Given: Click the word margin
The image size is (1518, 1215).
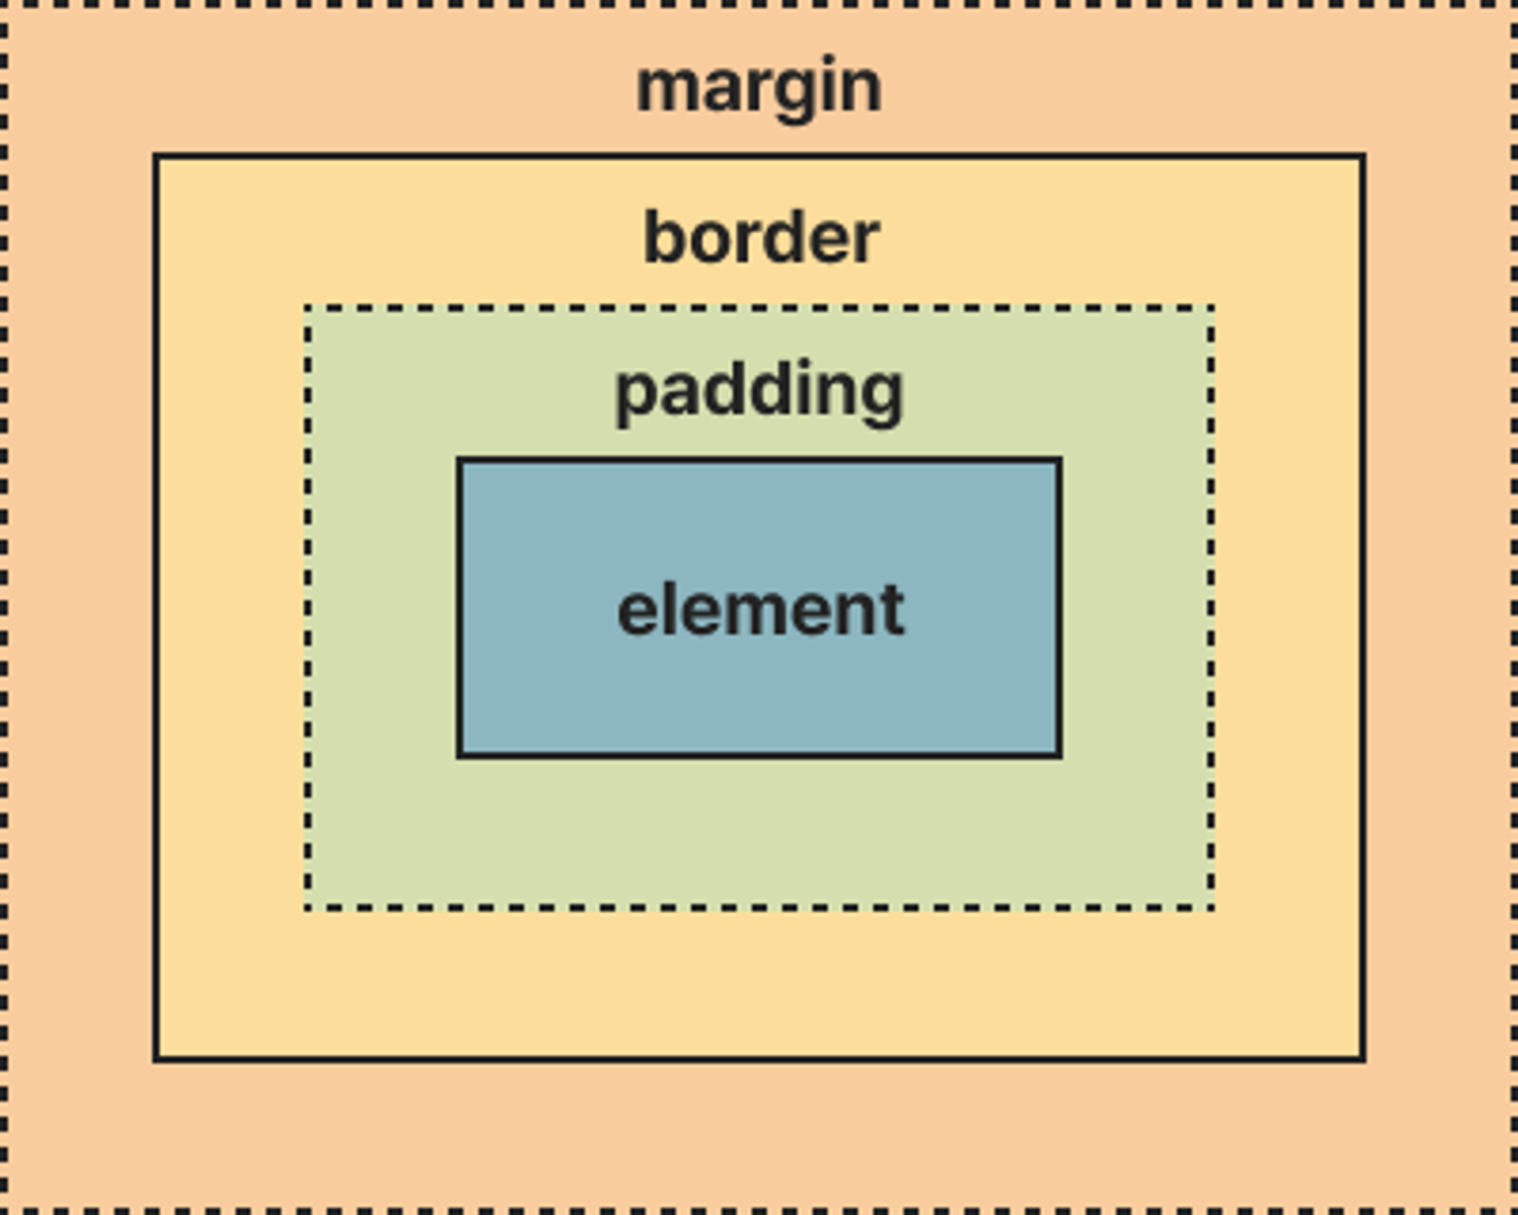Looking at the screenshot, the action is (x=759, y=87).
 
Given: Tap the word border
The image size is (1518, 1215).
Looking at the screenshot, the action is (x=761, y=238).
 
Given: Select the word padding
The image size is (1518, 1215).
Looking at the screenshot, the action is (x=759, y=391).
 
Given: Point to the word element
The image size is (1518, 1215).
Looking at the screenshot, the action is (x=761, y=610).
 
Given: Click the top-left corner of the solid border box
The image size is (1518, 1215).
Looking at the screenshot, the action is (x=156, y=156).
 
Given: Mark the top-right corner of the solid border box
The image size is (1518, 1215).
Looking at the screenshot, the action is (x=1363, y=156).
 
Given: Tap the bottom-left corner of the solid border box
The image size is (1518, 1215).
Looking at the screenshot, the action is (x=156, y=1059).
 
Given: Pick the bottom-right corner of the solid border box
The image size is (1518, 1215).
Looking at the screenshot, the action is (x=1363, y=1059).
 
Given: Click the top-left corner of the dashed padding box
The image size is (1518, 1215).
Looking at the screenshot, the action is (x=307, y=308).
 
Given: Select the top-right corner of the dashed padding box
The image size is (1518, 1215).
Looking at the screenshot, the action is (x=1211, y=308).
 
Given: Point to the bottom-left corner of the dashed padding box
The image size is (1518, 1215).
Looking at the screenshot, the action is (x=307, y=907).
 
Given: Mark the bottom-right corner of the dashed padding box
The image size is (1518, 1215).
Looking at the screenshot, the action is (x=1211, y=907).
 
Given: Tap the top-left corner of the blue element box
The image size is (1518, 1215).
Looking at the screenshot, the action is (x=459, y=460).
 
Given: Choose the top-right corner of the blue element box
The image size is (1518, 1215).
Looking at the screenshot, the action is (x=1059, y=460).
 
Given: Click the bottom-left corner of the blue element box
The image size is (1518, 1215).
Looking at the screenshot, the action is (x=459, y=755).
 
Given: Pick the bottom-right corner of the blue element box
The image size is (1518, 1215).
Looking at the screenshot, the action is (x=1059, y=755).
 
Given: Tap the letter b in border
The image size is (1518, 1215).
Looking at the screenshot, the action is (x=666, y=238).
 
